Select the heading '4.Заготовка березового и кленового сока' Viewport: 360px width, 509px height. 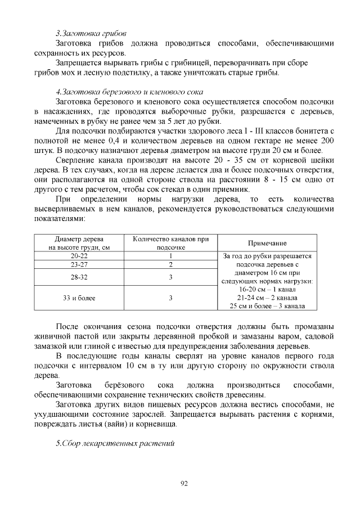click(129, 91)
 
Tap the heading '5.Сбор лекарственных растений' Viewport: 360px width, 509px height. click(115, 443)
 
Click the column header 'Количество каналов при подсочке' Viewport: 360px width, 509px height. click(170, 243)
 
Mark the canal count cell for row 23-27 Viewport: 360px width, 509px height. click(170, 264)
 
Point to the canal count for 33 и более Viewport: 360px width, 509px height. click(170, 298)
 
